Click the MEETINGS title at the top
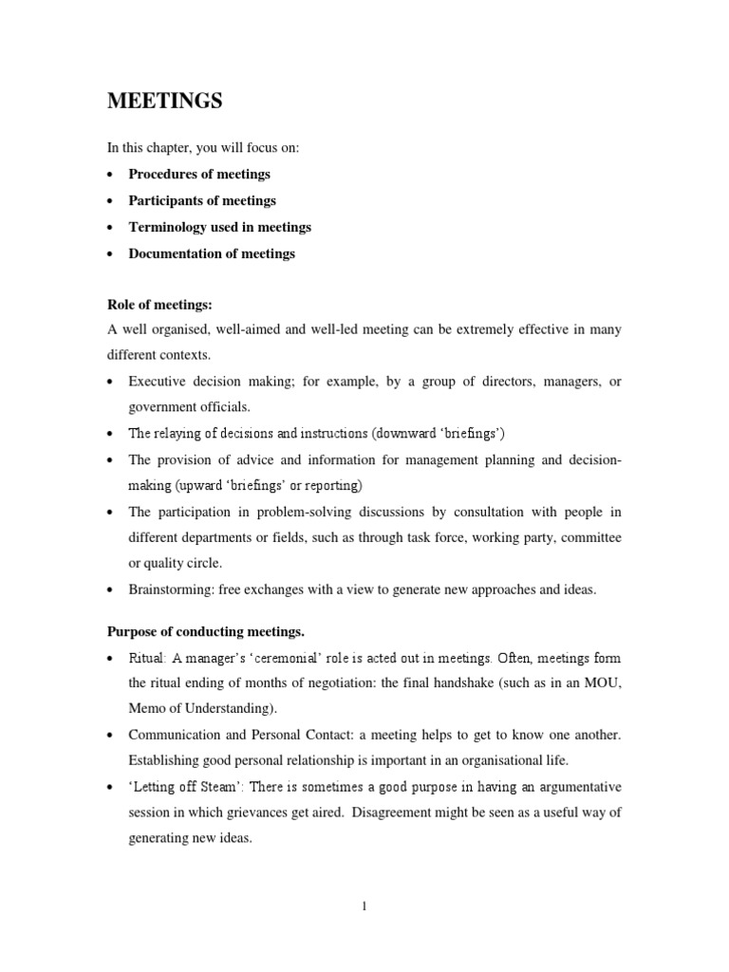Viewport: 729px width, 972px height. [164, 102]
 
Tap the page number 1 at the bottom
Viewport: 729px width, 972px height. [364, 907]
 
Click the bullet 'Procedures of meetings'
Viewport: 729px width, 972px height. [199, 174]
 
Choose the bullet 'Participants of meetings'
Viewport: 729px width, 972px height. [202, 200]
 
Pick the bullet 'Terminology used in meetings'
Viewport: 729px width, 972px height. [219, 227]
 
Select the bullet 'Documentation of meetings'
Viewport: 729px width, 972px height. [212, 253]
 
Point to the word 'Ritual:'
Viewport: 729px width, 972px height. [148, 658]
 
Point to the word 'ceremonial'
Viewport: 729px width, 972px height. [288, 658]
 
